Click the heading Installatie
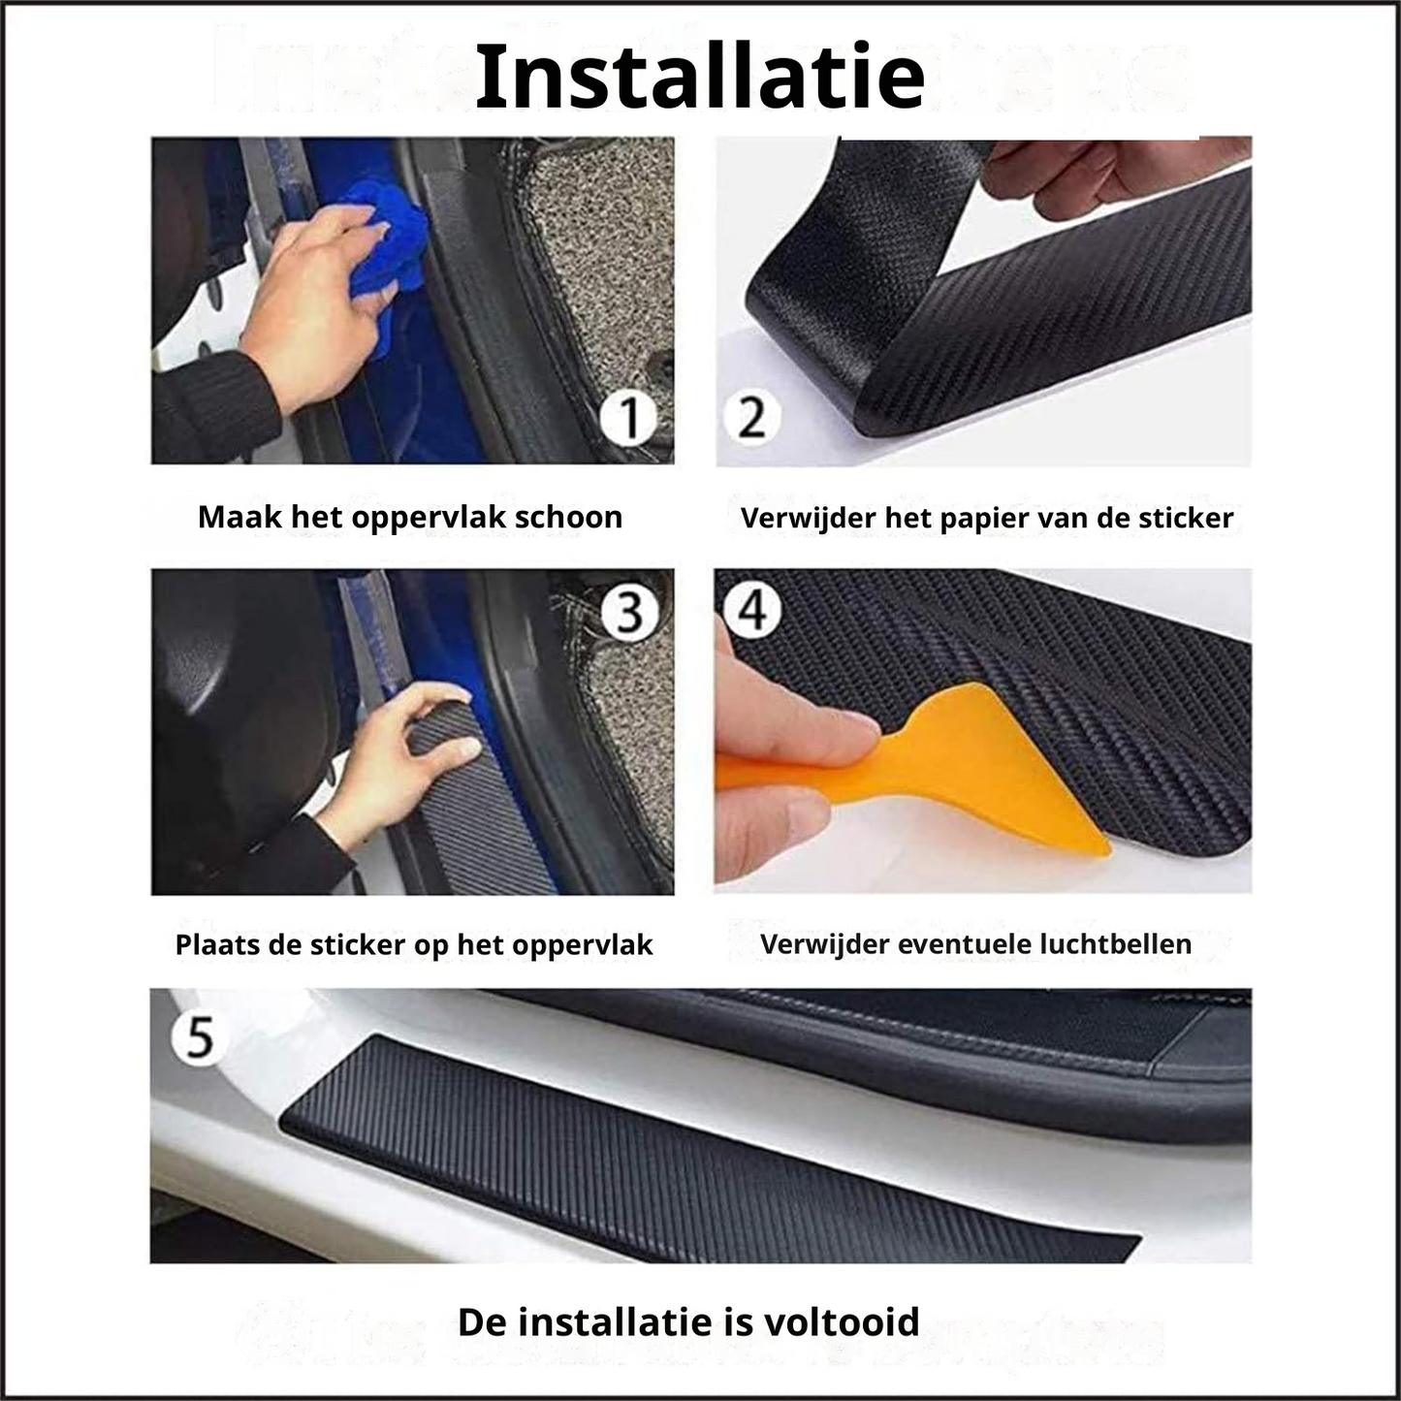[x=699, y=77]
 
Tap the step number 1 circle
[x=629, y=417]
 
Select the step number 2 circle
[x=751, y=417]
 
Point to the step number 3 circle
[x=629, y=612]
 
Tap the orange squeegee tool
[x=923, y=771]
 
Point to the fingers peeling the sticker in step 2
[x=1091, y=175]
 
